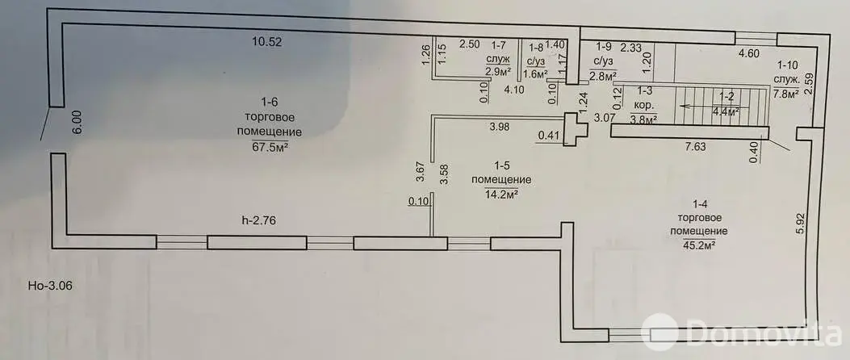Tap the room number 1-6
(269, 102)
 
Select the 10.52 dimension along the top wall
(266, 43)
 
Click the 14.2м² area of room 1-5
(500, 194)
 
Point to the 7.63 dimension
(696, 147)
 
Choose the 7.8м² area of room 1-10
(785, 93)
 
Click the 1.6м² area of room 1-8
(536, 73)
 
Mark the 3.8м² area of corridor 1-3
(643, 120)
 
